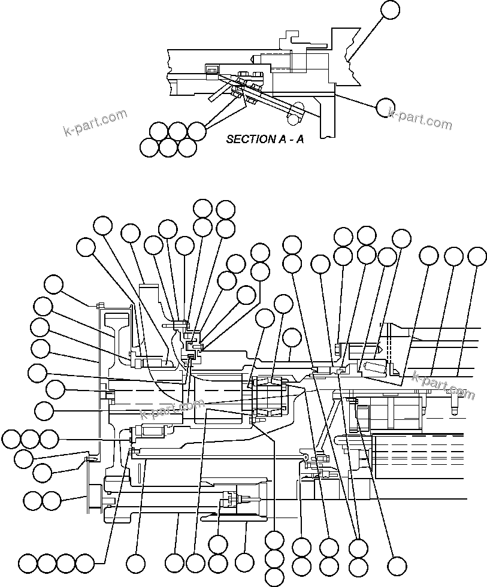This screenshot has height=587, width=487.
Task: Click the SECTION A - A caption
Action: (264, 139)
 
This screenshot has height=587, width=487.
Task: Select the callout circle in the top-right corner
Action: (390, 10)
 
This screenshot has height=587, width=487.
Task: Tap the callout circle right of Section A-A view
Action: (385, 108)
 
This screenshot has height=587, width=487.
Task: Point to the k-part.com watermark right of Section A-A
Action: (420, 118)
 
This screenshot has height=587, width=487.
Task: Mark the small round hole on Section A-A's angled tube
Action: (292, 120)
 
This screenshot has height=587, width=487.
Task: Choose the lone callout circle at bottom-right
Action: (397, 565)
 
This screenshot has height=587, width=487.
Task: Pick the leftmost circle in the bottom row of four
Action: (28, 564)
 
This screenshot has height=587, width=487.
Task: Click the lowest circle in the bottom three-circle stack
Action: (274, 577)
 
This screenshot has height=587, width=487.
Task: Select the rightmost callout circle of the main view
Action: (477, 256)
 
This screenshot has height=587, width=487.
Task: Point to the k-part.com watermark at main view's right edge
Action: (443, 384)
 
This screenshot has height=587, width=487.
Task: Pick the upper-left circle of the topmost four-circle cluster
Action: (202, 208)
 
